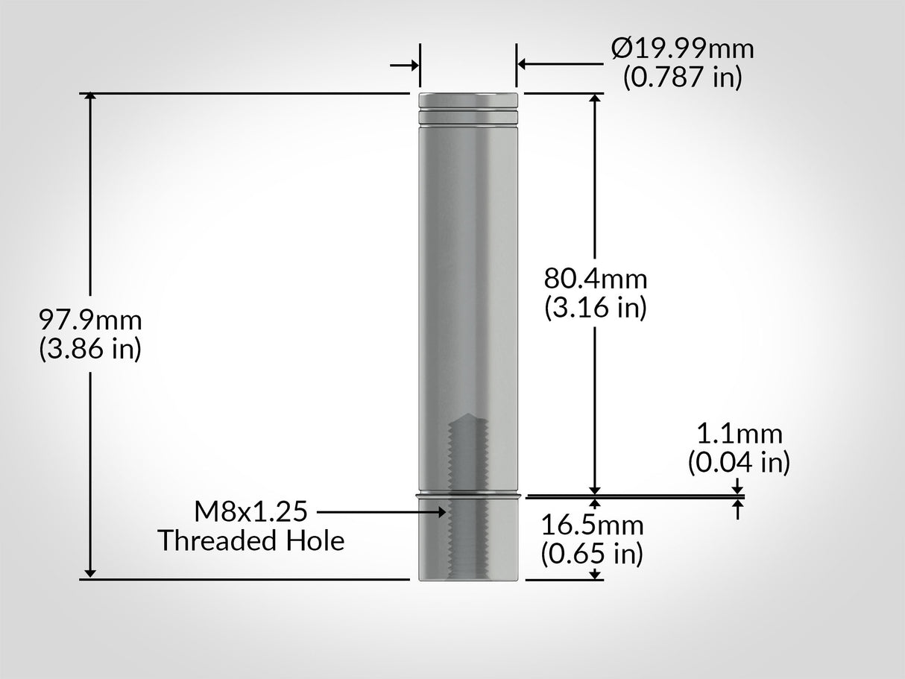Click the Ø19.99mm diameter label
click(682, 49)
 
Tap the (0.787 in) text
click(682, 77)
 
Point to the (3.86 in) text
click(90, 348)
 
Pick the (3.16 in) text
click(595, 306)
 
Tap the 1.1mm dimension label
click(739, 434)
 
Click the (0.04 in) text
click(739, 462)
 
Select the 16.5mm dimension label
click(592, 525)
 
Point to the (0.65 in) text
click(592, 553)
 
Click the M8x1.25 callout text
click(250, 512)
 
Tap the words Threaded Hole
click(250, 540)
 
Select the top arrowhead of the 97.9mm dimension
click(90, 98)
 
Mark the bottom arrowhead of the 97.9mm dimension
click(90, 573)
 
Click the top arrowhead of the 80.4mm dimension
click(595, 98)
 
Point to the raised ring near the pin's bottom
click(469, 494)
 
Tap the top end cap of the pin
click(469, 98)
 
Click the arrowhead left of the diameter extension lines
click(414, 66)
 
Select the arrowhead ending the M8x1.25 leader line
click(443, 512)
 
